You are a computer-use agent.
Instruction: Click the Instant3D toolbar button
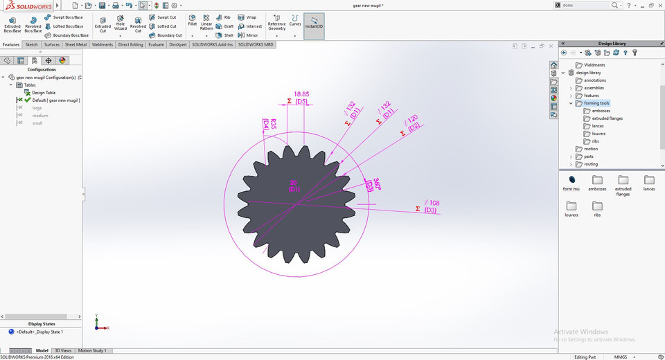314,25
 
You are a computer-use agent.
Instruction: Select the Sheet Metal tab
76,44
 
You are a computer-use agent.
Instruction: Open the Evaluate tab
155,44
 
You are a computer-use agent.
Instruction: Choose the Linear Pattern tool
206,24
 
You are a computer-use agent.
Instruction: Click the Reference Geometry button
276,24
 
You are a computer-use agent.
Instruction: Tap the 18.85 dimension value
301,93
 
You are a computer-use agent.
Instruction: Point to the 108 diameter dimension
434,203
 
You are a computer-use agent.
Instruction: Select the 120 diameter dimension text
412,118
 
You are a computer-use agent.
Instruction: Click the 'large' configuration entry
37,108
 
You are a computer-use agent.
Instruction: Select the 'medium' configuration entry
39,116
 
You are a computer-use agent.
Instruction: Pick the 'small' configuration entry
37,123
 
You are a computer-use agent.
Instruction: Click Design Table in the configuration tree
43,93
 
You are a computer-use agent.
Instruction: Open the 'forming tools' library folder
596,103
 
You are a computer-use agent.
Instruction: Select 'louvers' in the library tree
598,134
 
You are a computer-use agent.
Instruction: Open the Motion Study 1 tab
92,351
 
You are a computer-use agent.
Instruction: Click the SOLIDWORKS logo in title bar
26,6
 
